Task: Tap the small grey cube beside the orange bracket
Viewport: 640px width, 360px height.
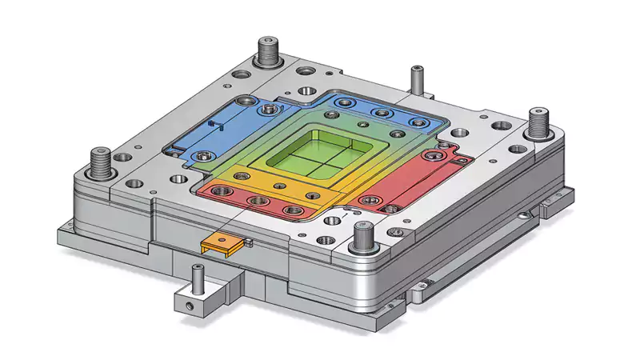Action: click(x=249, y=242)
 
